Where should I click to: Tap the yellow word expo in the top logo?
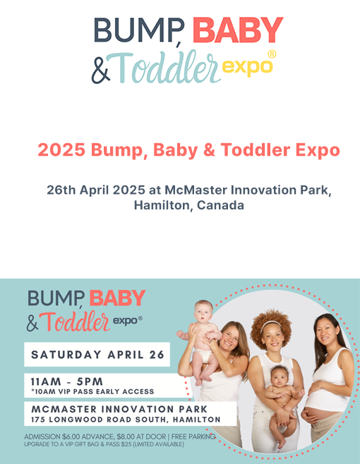click(247, 67)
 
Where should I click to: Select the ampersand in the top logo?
click(101, 70)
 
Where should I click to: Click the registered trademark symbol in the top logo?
click(272, 54)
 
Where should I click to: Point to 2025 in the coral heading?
click(61, 149)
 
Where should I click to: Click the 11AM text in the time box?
click(46, 381)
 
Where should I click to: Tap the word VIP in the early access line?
click(64, 392)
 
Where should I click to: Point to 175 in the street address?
click(38, 420)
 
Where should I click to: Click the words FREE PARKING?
click(193, 436)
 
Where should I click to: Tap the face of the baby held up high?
click(203, 312)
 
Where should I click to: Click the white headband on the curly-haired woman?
click(270, 324)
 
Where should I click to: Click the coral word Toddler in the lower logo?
click(74, 322)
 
